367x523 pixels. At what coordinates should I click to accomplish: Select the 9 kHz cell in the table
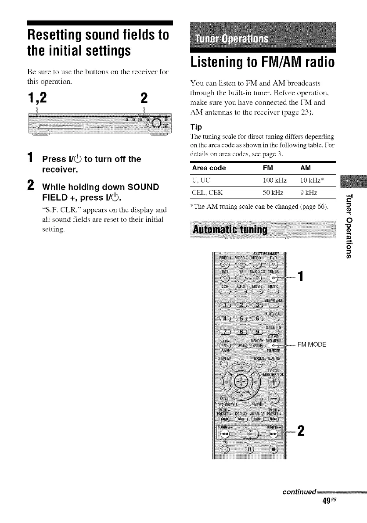pyautogui.click(x=305, y=193)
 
